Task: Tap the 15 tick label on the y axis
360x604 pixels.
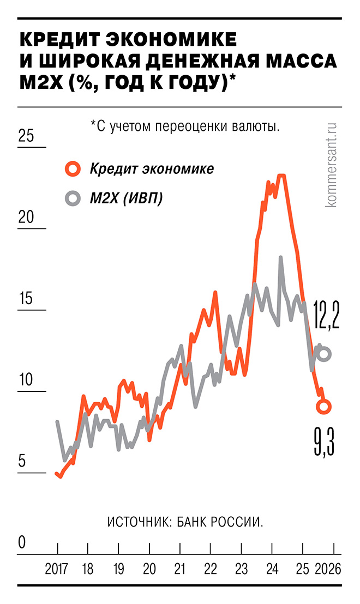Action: [x=26, y=299]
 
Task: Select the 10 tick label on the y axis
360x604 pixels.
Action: [x=26, y=380]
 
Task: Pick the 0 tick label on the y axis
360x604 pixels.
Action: [x=22, y=543]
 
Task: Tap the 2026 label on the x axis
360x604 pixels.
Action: [x=328, y=570]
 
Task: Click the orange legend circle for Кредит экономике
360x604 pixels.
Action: [x=73, y=169]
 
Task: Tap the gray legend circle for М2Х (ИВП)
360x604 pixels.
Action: [x=73, y=198]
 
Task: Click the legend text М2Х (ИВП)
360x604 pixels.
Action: [x=126, y=198]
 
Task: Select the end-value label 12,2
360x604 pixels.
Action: [x=326, y=316]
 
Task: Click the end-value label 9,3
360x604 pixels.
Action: [x=323, y=443]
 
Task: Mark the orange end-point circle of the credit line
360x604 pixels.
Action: [x=324, y=406]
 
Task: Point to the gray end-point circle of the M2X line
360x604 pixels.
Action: [x=324, y=354]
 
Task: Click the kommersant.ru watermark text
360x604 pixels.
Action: [x=332, y=164]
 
